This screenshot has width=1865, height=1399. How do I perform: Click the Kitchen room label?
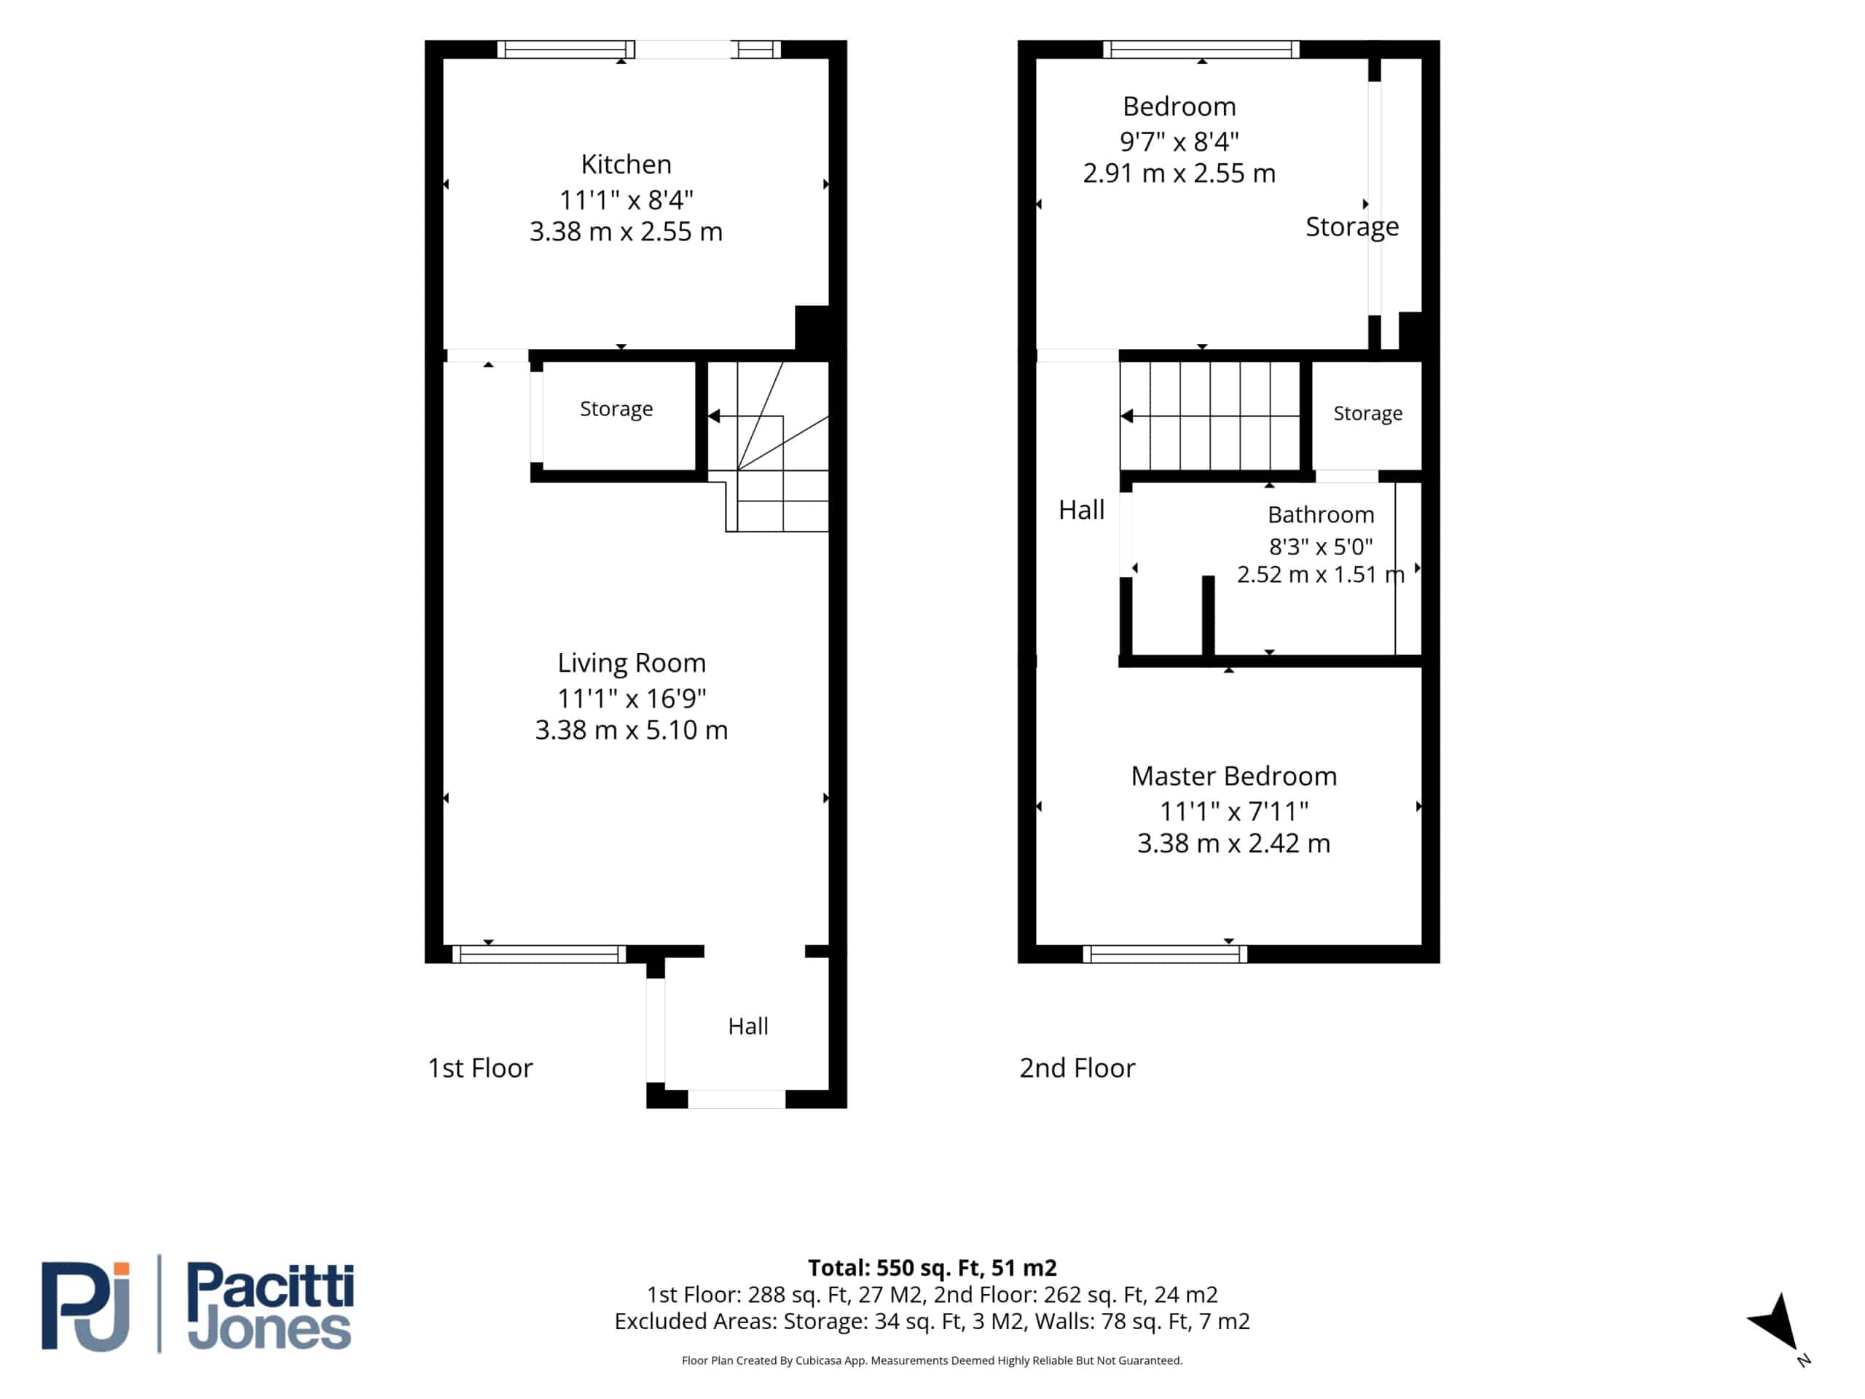pos(626,165)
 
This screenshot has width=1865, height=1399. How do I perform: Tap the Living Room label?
pos(632,664)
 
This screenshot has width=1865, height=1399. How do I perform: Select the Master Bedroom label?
pos(1233,776)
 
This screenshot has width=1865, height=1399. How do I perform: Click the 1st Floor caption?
pos(480,1068)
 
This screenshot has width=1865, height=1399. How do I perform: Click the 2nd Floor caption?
pos(1077,1068)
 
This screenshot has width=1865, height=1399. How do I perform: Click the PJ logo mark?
pos(85,1306)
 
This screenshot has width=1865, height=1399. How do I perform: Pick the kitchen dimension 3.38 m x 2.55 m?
pos(626,232)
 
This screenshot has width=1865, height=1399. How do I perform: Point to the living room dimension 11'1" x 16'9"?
pos(632,698)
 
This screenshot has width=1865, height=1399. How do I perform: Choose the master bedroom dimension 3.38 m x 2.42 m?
pos(1233,843)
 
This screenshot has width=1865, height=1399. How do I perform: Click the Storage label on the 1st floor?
pos(616,409)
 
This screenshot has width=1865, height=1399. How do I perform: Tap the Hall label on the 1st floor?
pos(748,1026)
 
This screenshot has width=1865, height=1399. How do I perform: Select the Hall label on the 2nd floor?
pos(1081,510)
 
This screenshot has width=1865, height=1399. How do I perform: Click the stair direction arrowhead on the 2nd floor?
pos(1126,416)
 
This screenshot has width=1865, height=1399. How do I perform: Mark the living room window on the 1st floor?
pos(539,954)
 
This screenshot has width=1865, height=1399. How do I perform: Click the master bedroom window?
pos(1164,954)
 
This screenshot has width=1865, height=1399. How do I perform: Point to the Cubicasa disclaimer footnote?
pos(932,1360)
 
